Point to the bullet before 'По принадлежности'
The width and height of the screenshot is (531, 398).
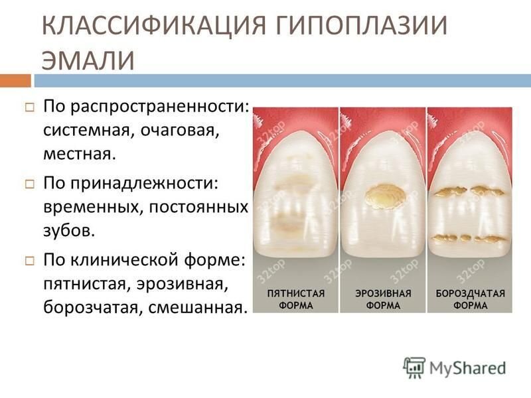(x=31, y=181)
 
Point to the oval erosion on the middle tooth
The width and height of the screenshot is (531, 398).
(x=384, y=195)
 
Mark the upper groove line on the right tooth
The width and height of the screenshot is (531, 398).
(x=471, y=192)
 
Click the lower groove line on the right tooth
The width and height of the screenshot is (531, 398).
(x=469, y=237)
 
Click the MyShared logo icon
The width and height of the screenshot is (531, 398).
(x=414, y=367)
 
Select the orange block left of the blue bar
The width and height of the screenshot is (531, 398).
(x=15, y=80)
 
